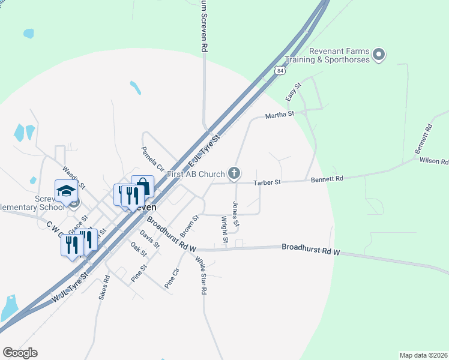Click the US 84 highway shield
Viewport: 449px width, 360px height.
click(x=280, y=70)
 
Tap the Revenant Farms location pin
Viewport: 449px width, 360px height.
click(x=378, y=55)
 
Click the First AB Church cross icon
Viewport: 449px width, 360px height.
click(x=234, y=174)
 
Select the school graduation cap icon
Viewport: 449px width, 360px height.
click(x=66, y=191)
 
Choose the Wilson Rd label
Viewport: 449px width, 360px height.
click(x=433, y=161)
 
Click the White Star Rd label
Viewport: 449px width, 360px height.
click(x=200, y=274)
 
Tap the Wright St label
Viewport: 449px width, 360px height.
click(x=224, y=230)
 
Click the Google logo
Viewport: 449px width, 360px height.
click(x=20, y=353)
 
